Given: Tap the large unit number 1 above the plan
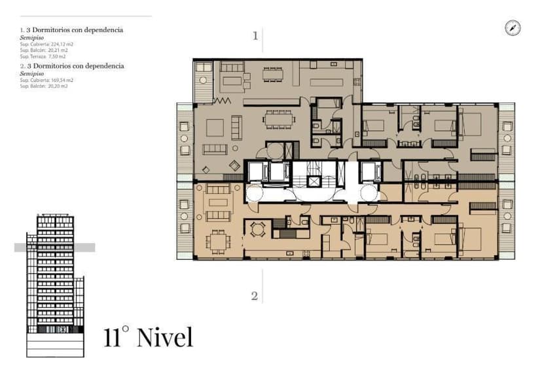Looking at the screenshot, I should (x=255, y=36).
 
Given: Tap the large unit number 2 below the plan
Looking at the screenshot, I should (x=255, y=296).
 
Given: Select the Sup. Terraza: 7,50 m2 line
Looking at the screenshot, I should (x=43, y=57).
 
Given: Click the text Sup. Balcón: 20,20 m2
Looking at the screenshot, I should (x=44, y=86).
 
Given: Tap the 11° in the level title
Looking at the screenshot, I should (x=117, y=337).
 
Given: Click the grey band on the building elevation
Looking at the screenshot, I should (x=54, y=247).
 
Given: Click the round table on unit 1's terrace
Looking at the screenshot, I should (x=204, y=81).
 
